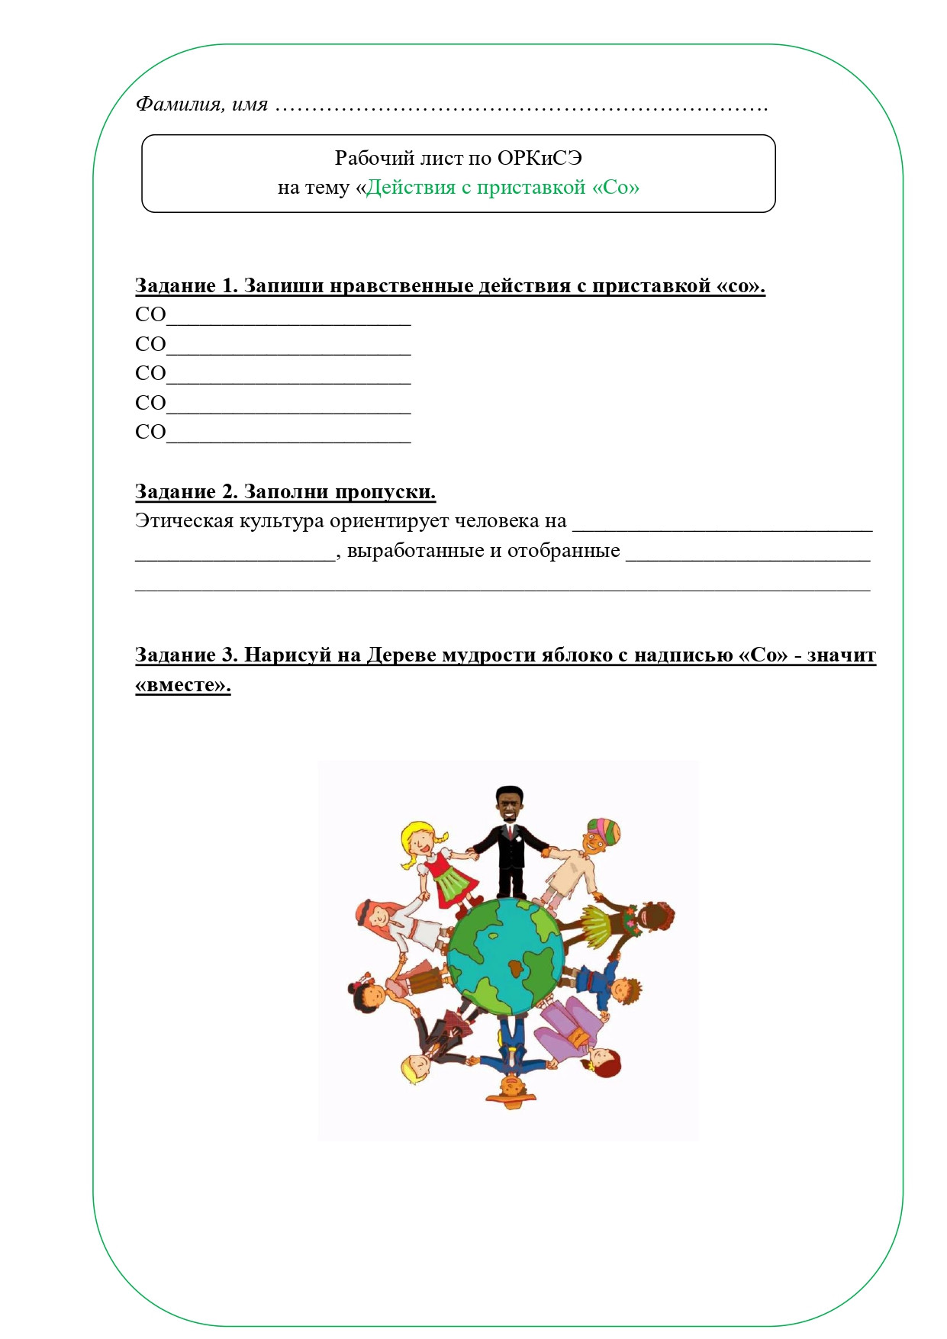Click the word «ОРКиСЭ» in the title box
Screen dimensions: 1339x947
click(x=540, y=158)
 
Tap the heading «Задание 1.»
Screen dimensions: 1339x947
click(x=186, y=286)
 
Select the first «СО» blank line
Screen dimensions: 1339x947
click(x=288, y=316)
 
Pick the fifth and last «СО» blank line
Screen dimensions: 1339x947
click(x=288, y=433)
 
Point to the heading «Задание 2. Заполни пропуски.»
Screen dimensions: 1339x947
click(x=285, y=492)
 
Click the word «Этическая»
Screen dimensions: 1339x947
click(x=184, y=521)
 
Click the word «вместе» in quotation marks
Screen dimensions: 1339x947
click(x=183, y=685)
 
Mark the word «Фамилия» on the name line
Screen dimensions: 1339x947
click(x=178, y=105)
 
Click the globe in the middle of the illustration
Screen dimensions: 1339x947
click(x=506, y=957)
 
